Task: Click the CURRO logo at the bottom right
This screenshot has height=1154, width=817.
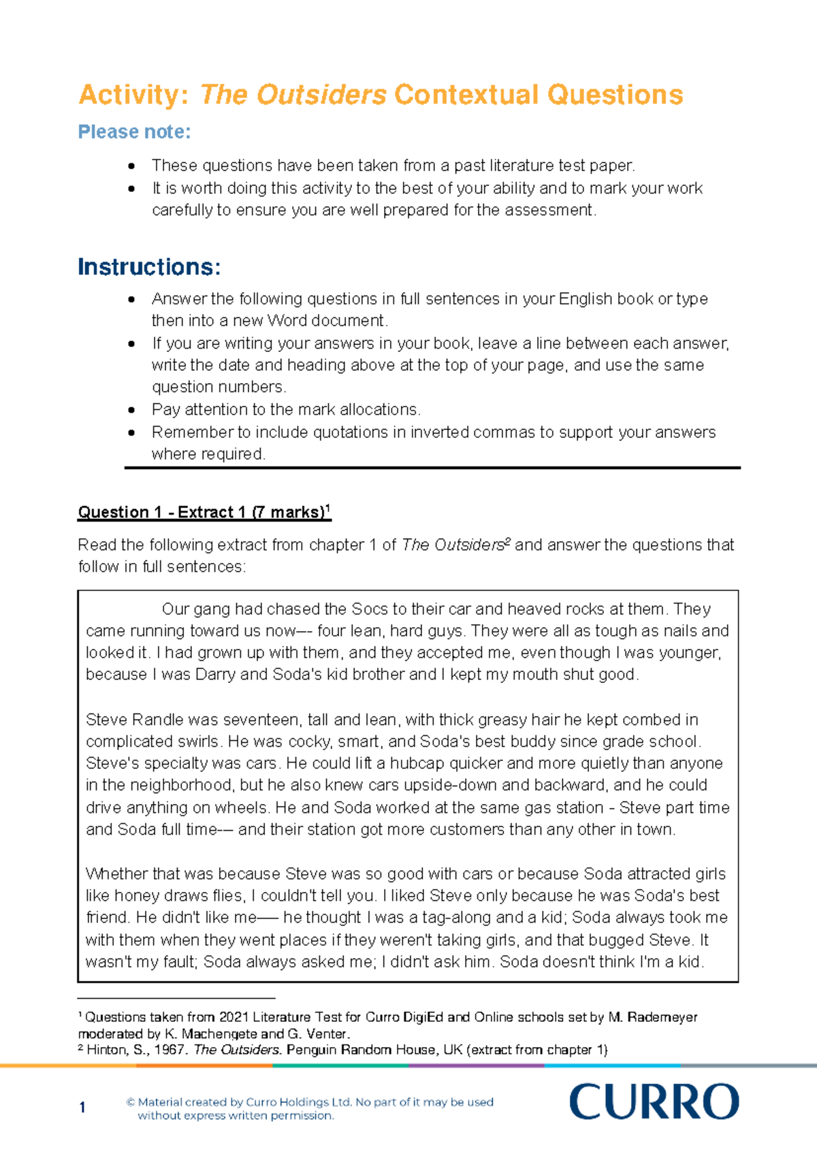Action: pyautogui.click(x=654, y=1102)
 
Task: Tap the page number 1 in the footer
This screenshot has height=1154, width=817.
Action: pyautogui.click(x=82, y=1108)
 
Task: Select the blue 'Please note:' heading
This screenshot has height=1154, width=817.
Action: pyautogui.click(x=134, y=131)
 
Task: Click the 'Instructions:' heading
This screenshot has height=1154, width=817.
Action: pyautogui.click(x=149, y=267)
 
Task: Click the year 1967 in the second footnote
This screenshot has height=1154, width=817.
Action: pyautogui.click(x=170, y=1050)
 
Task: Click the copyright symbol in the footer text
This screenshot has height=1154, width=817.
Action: pyautogui.click(x=131, y=1102)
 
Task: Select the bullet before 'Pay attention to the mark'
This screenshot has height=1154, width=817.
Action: pyautogui.click(x=131, y=410)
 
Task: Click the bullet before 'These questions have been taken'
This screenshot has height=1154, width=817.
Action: pyautogui.click(x=131, y=165)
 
